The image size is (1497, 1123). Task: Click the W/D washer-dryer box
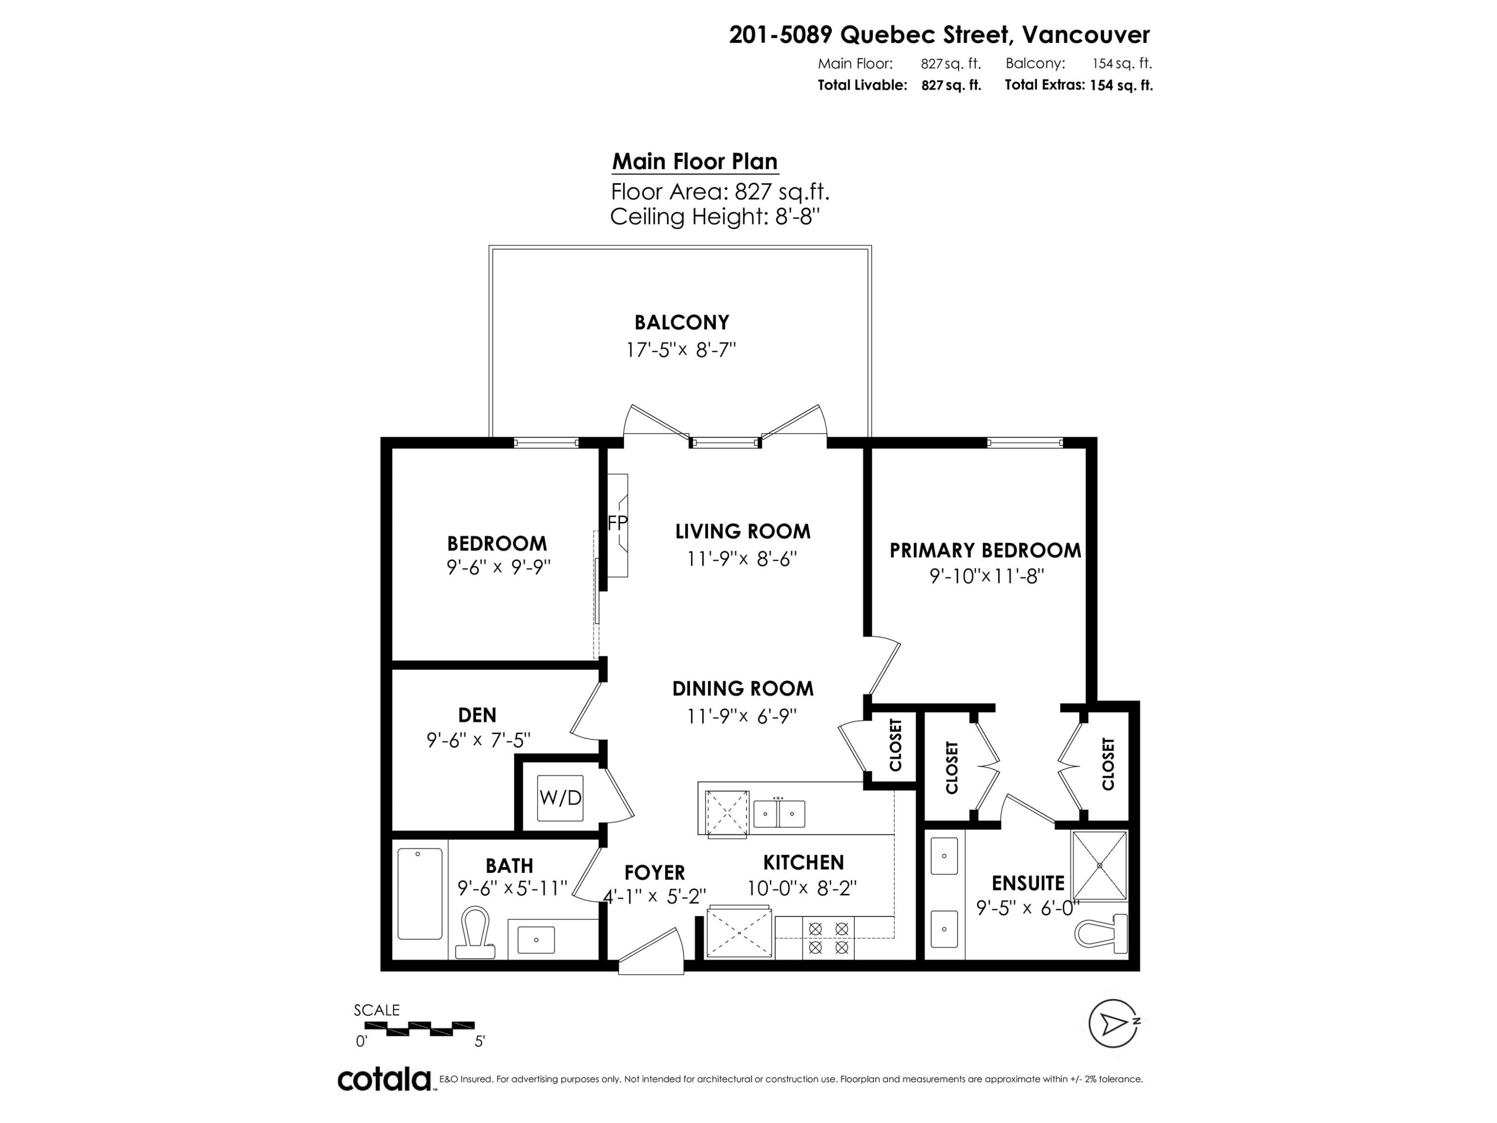pos(560,798)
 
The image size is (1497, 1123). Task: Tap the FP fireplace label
pos(617,523)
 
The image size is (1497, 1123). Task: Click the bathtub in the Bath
pos(420,893)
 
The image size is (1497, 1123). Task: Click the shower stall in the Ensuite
pos(1100,865)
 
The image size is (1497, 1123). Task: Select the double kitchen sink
pos(779,813)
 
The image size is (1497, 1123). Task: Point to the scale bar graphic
pos(420,1028)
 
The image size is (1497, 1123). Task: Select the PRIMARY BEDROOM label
pos(985,551)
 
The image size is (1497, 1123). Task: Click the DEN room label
pos(477,715)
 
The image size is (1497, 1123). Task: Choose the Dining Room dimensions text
pos(743,716)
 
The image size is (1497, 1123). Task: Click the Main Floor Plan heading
pos(695,162)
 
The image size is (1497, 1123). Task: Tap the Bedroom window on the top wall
pos(545,443)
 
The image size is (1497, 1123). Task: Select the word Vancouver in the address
pos(1085,34)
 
